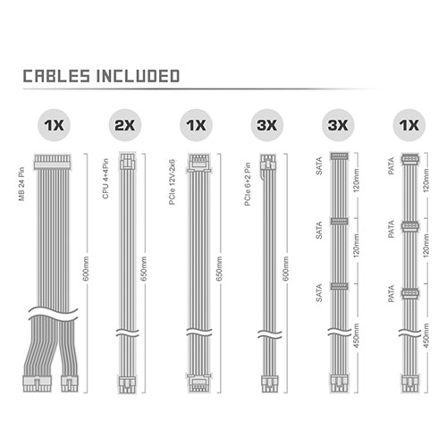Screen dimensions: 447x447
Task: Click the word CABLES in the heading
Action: pyautogui.click(x=56, y=76)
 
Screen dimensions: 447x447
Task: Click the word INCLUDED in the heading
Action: pyautogui.click(x=138, y=76)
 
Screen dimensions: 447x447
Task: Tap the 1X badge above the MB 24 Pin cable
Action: pyautogui.click(x=54, y=125)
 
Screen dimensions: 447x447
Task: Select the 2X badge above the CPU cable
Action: pyautogui.click(x=125, y=125)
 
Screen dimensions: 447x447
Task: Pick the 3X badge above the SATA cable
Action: pyautogui.click(x=338, y=125)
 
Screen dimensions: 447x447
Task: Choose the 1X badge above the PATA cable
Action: pyautogui.click(x=409, y=125)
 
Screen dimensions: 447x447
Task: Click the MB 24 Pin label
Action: pyautogui.click(x=21, y=184)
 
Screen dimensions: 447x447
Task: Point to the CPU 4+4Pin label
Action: pyautogui.click(x=105, y=179)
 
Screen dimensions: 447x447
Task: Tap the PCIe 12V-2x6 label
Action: pyautogui.click(x=173, y=182)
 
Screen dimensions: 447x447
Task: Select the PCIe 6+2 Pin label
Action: pyautogui.click(x=248, y=184)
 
